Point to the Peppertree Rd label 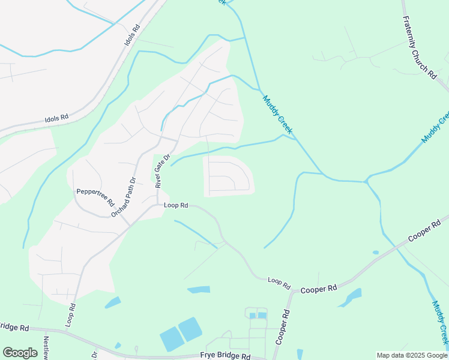(95, 196)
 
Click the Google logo (20, 353)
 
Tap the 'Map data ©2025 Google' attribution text (412, 355)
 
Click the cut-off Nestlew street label (46, 347)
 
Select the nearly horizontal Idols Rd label (57, 118)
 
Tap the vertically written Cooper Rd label (282, 327)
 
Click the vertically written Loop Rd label (71, 314)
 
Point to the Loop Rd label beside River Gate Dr (176, 205)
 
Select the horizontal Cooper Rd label (319, 289)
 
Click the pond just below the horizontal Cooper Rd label (350, 298)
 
